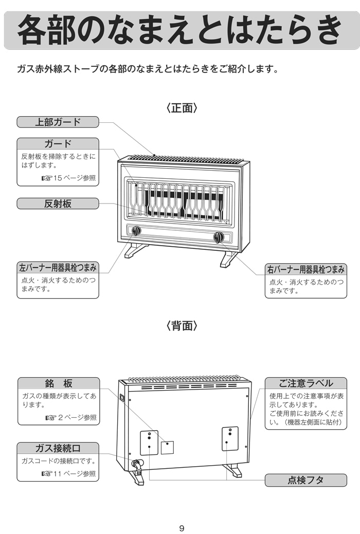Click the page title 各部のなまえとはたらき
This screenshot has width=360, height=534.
179,30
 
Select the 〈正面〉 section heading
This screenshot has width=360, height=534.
182,108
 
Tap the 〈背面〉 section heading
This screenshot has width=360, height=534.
182,326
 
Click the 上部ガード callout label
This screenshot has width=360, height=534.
58,122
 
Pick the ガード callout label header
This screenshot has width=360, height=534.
58,143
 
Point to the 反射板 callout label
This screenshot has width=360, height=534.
58,204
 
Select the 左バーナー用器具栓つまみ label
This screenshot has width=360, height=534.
58,268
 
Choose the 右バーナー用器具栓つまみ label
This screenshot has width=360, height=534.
305,269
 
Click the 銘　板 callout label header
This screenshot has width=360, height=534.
58,383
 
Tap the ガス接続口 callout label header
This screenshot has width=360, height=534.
58,448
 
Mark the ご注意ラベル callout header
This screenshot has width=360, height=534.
305,383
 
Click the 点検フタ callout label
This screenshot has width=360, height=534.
305,480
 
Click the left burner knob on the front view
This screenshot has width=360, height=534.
136,231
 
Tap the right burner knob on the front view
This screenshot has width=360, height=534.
219,237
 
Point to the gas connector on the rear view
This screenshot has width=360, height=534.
137,464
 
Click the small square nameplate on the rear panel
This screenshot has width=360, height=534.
167,447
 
